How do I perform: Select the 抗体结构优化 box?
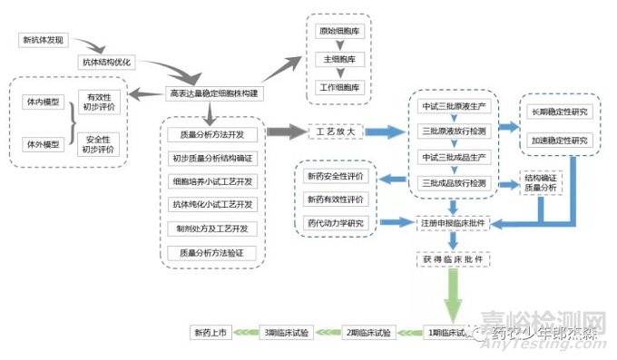tap(107, 63)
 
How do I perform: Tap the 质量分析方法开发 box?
tap(212, 134)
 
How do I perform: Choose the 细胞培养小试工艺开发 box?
tap(212, 180)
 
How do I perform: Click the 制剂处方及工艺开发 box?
tap(212, 228)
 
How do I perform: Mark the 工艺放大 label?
tap(337, 133)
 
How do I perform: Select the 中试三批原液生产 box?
tap(454, 106)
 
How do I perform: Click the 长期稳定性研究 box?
tap(556, 112)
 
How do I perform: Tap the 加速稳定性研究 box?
tap(556, 141)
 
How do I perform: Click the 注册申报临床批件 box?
tap(454, 222)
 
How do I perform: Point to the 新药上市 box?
tap(211, 333)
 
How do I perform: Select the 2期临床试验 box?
tap(368, 333)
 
